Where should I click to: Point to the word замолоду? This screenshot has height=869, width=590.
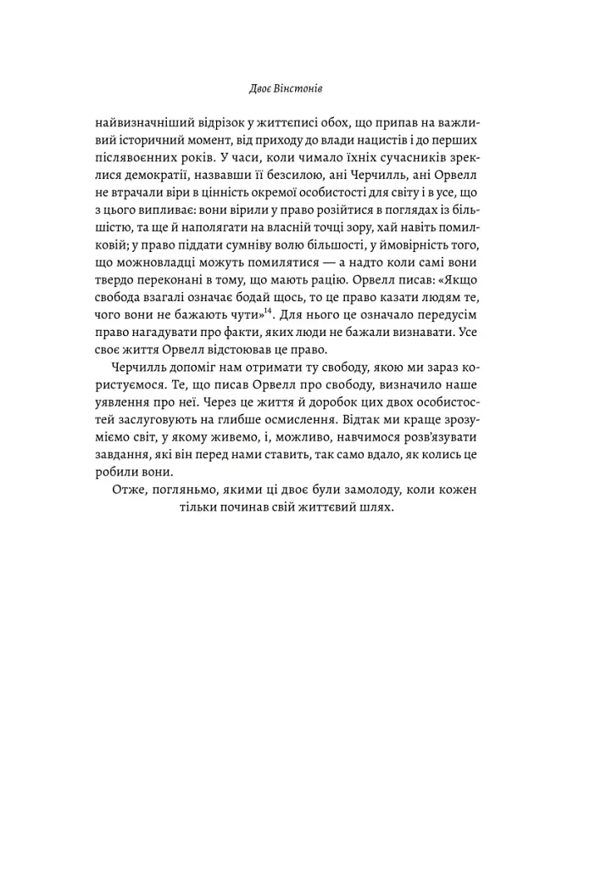(339, 490)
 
